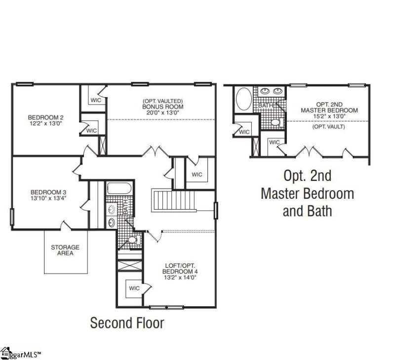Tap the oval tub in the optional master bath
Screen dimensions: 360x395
point(243,99)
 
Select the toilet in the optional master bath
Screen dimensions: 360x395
point(276,122)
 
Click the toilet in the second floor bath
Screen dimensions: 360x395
point(130,240)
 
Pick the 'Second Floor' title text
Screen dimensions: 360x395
point(127,323)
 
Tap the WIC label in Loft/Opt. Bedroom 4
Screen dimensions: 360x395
point(134,288)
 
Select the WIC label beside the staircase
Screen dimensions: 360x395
point(197,175)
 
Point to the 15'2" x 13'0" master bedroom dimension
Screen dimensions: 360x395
point(329,116)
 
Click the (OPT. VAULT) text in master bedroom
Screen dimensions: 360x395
point(328,127)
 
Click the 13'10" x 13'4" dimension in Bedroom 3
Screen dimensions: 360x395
point(48,198)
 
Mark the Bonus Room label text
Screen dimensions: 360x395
point(162,107)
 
